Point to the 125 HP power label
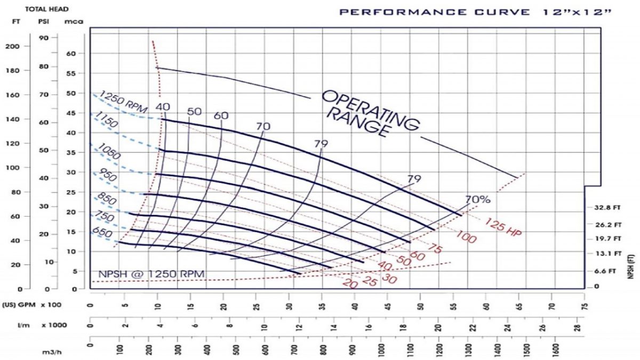point(503,226)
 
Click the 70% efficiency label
point(477,200)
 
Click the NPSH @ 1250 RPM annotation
point(148,274)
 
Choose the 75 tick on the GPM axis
point(586,307)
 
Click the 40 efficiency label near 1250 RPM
point(163,107)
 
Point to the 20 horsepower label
point(350,284)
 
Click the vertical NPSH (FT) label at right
point(631,267)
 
